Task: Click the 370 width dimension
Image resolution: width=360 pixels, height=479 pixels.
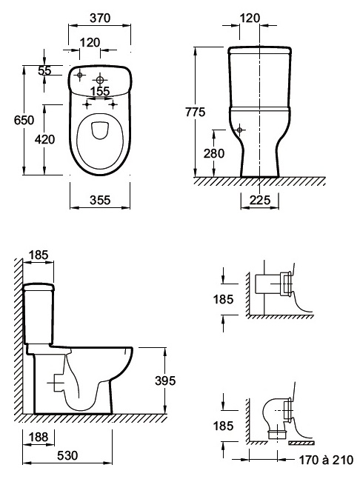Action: pos(100,19)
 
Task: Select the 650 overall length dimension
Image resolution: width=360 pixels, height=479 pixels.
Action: pos(24,120)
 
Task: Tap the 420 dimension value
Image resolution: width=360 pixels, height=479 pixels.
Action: pos(44,139)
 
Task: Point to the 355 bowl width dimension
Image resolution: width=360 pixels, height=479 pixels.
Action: pos(100,200)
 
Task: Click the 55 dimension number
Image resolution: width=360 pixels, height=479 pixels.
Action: pos(45,70)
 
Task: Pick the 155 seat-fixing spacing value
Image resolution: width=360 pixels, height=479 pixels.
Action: pos(100,91)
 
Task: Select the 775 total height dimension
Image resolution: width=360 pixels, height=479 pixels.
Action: pos(196,112)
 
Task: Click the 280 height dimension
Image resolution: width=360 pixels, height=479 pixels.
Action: pos(214,153)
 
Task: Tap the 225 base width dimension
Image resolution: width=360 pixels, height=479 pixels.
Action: pos(260,200)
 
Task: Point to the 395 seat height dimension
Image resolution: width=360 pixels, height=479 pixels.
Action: pos(165,381)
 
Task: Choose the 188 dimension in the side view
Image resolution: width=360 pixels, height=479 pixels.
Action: pos(39,437)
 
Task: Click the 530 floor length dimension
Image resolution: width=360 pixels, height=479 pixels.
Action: pos(67,455)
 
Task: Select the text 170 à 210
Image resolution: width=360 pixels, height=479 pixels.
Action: pos(326,459)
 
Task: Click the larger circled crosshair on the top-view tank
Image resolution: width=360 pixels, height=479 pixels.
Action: pos(100,80)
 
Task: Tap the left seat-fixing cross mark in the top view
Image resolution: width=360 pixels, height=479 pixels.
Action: pos(87,104)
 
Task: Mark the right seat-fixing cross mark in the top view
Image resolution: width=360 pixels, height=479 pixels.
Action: pos(113,104)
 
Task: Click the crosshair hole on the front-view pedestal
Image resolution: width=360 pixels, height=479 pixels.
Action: pos(239,130)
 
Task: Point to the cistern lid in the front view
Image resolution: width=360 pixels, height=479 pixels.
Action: pos(259,50)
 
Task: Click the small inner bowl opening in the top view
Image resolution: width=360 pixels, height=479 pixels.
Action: pos(99,130)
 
